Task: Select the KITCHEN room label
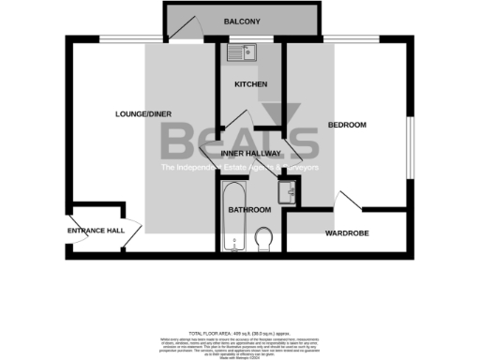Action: (x=250, y=84)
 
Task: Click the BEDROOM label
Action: (x=346, y=125)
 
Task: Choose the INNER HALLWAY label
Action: (x=250, y=153)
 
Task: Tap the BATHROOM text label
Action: (x=250, y=209)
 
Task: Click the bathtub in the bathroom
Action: (x=232, y=217)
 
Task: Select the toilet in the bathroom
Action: (x=263, y=239)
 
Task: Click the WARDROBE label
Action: (x=344, y=232)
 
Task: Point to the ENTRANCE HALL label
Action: (x=96, y=230)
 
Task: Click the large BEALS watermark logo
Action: (x=239, y=141)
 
